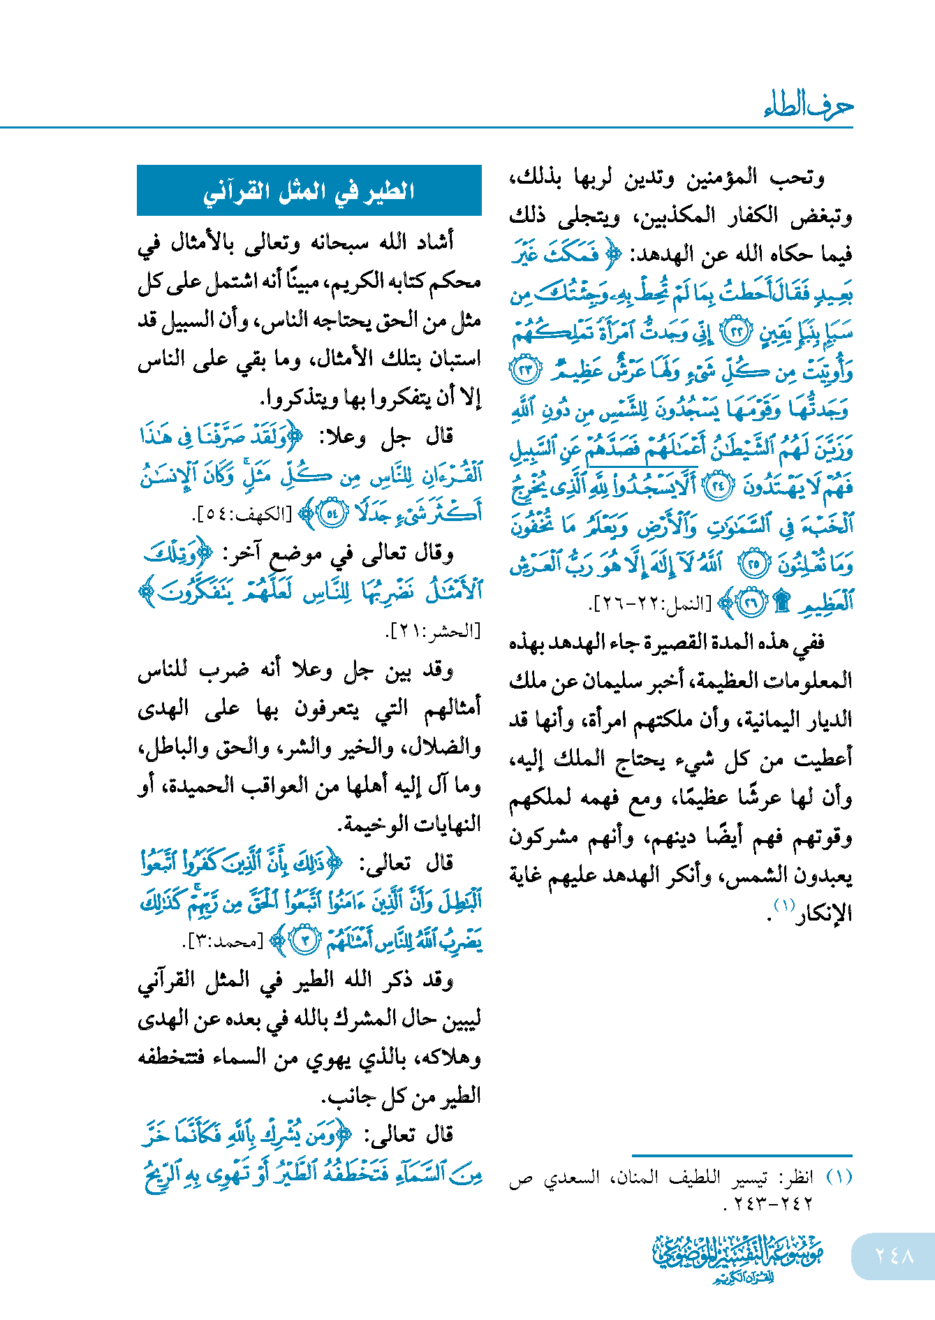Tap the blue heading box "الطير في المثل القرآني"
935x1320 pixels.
coord(309,191)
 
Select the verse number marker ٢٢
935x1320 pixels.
coord(735,332)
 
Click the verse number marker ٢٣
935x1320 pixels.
coord(525,370)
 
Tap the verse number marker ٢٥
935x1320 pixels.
coord(754,564)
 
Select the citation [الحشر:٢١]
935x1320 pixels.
coord(433,632)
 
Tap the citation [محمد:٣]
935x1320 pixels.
coord(226,941)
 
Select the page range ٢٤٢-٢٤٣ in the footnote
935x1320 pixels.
coord(768,1203)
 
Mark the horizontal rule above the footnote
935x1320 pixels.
coord(742,1156)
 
